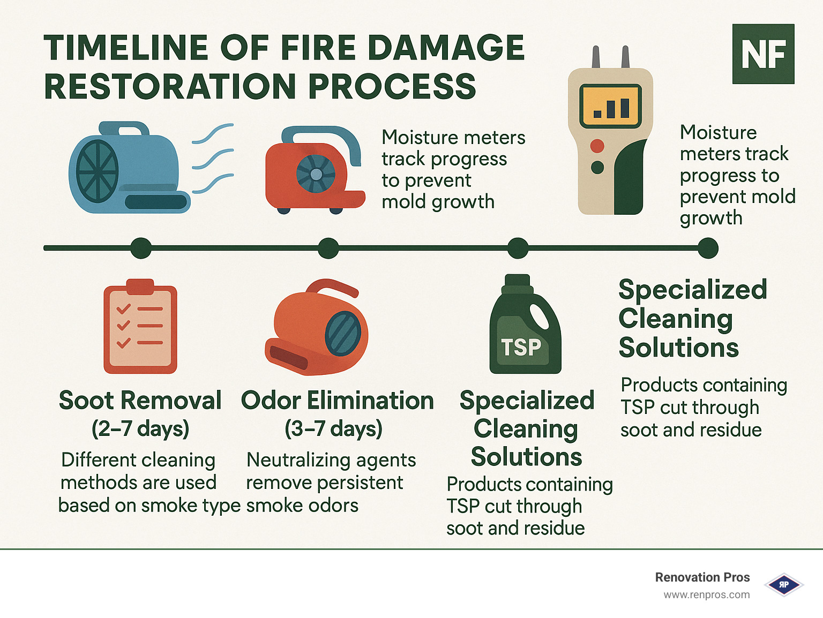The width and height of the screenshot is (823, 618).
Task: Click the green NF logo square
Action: (x=763, y=54)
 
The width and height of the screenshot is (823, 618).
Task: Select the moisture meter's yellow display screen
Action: (x=610, y=105)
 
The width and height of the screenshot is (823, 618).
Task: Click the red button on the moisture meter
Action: (x=597, y=146)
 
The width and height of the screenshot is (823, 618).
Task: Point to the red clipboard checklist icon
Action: (x=140, y=327)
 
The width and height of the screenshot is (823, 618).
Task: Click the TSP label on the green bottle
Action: (x=521, y=348)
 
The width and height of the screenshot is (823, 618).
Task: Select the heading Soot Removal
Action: (x=140, y=401)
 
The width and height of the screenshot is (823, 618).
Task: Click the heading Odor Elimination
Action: (x=337, y=401)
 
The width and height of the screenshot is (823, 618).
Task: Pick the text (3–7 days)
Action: (x=333, y=428)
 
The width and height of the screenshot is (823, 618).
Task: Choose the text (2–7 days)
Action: (x=140, y=428)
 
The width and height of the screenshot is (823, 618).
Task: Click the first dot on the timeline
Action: (x=141, y=248)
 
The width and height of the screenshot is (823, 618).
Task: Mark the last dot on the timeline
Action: (x=708, y=248)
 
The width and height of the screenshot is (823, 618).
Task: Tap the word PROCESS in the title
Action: (x=392, y=87)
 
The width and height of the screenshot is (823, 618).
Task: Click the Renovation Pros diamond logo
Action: (x=783, y=585)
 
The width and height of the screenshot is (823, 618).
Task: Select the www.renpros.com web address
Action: (x=706, y=595)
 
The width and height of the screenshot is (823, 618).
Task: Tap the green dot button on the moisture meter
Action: (x=597, y=168)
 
